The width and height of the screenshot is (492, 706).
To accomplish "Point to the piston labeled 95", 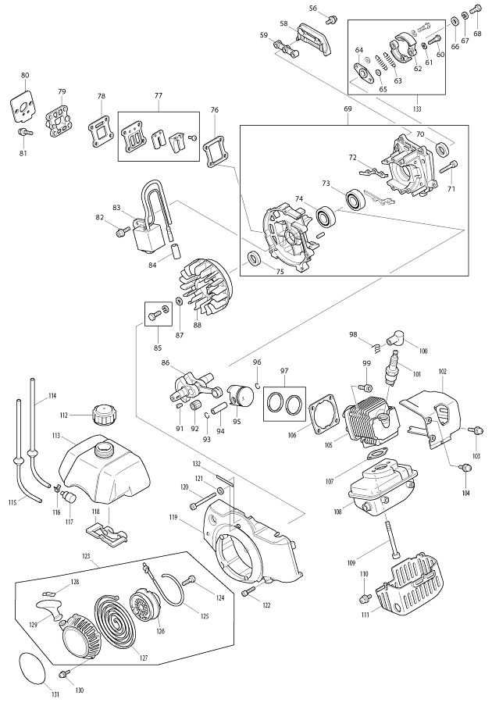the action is pos(241,396).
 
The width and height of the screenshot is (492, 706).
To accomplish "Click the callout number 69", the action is pos(348,109).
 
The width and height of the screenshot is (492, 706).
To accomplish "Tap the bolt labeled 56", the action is pos(332,20).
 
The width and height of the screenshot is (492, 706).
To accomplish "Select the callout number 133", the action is pos(417,109).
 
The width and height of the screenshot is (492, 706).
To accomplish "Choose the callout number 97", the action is pos(284,370).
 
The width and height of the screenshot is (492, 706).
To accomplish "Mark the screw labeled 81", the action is pos(25,133).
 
